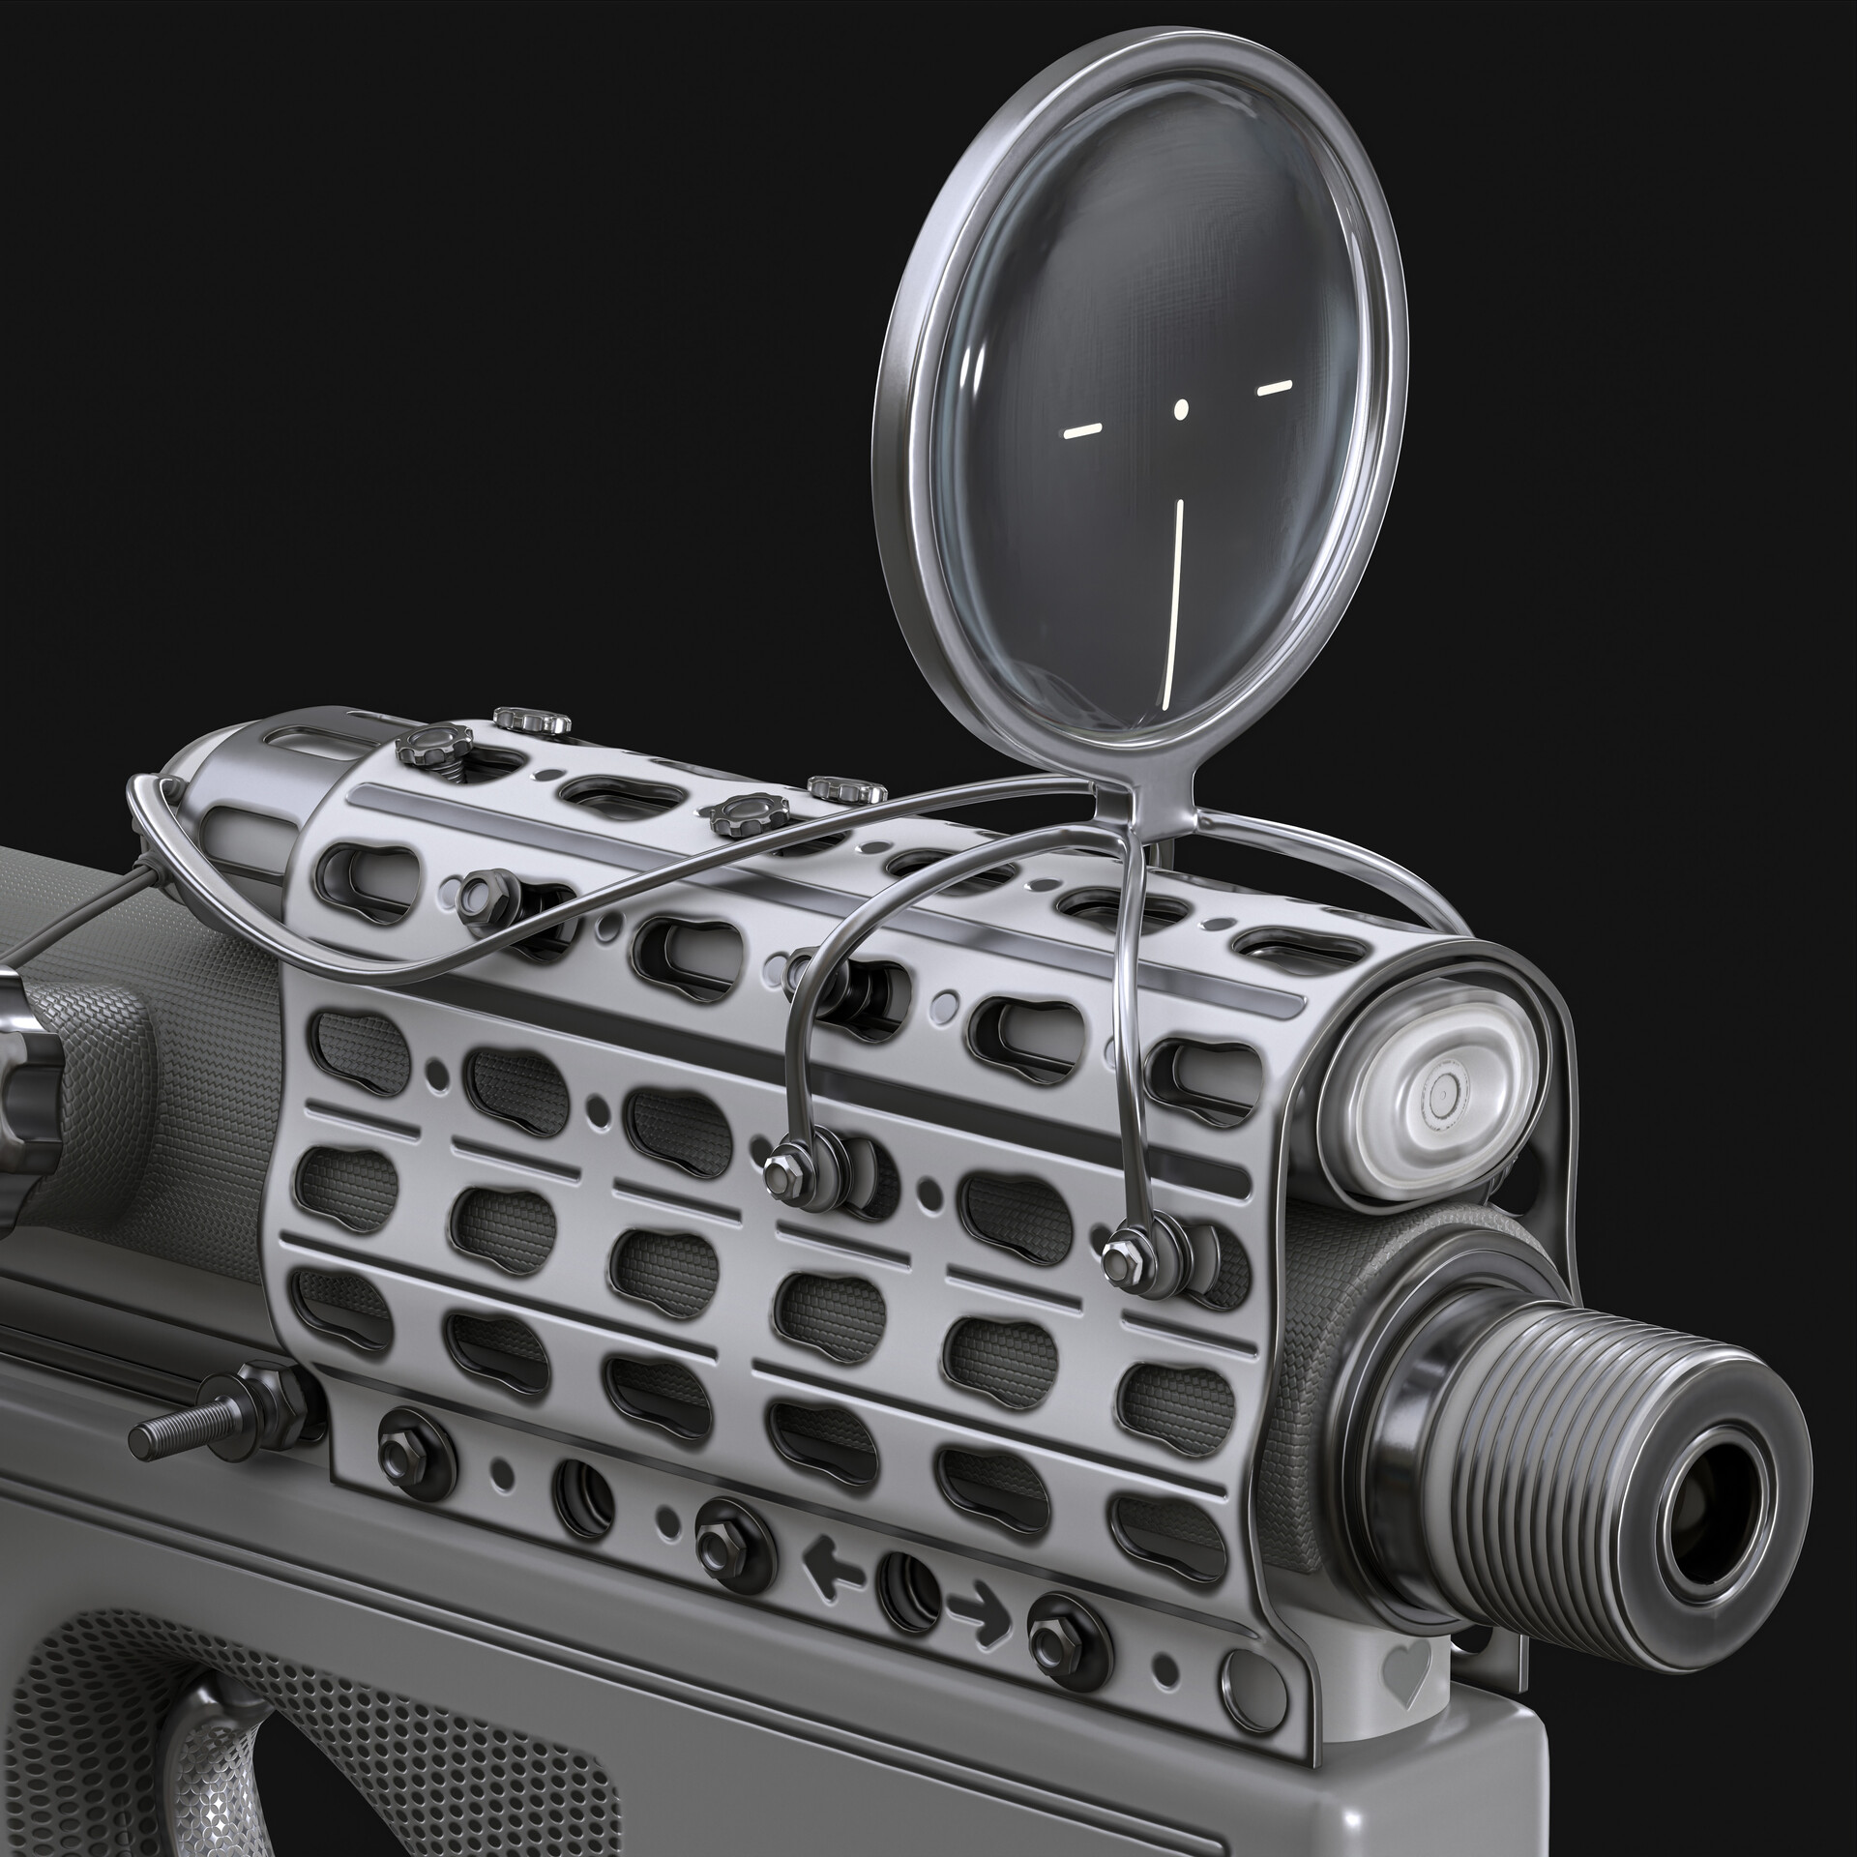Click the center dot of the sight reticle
point(1180,409)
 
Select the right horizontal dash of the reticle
point(1274,388)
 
